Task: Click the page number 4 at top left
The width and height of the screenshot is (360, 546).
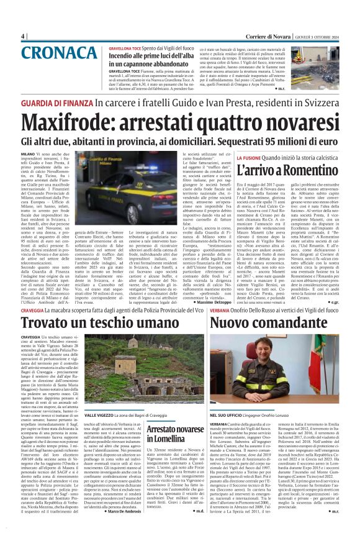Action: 23,36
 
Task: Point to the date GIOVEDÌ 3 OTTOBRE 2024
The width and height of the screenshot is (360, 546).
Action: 325,36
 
